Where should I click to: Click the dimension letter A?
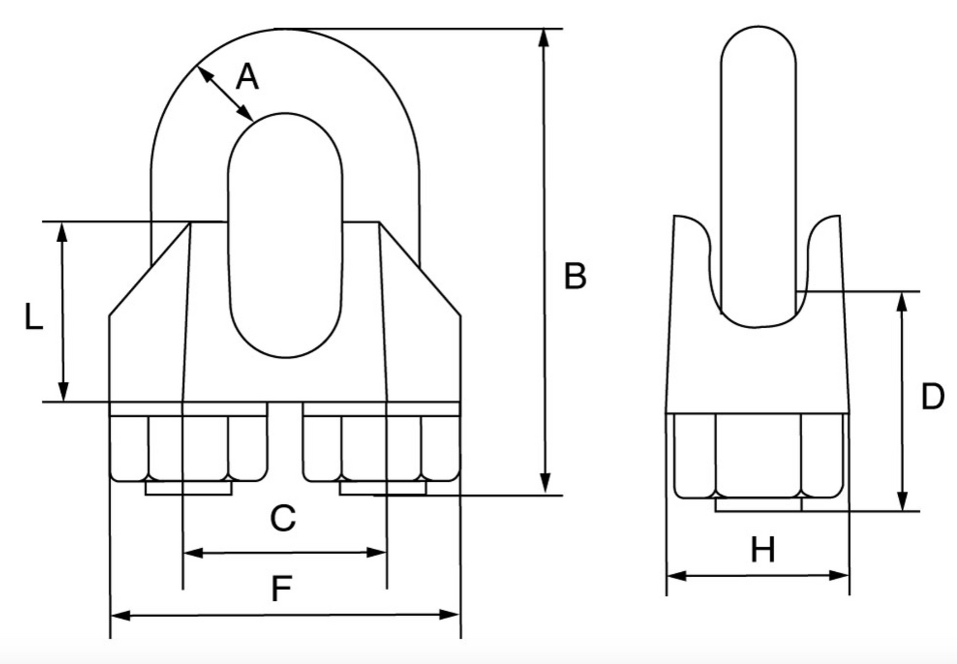coord(247,78)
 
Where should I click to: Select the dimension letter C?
coord(283,518)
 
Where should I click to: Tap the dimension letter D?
coord(932,398)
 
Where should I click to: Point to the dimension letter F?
coord(282,588)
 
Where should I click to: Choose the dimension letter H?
coord(762,551)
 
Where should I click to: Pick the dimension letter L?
coord(33,317)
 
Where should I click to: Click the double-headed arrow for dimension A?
coord(225,93)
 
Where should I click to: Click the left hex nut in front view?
coord(188,447)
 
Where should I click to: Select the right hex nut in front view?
coord(381,447)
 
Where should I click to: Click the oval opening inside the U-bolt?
coord(285,235)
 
